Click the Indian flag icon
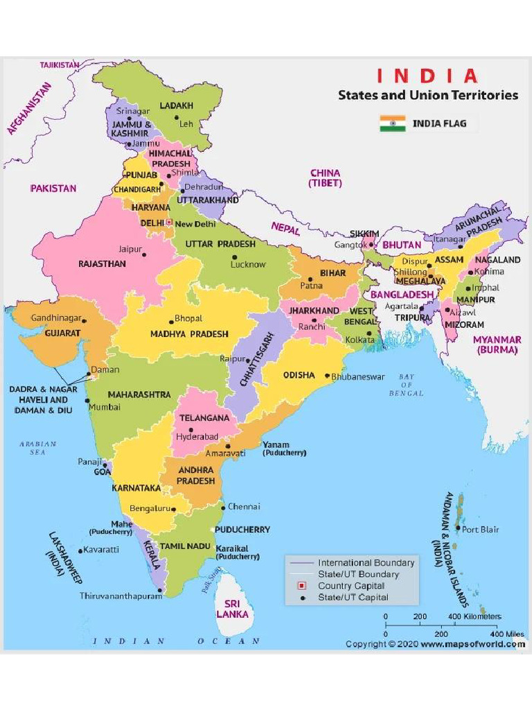392,124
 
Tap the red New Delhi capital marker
168,223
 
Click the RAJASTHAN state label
102,264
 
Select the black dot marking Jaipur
145,254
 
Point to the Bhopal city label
188,318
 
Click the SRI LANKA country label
232,609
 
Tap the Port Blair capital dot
457,528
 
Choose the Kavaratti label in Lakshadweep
103,550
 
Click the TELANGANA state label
204,419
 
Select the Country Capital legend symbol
302,586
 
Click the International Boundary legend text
366,563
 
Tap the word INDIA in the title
427,76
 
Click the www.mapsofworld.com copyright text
472,644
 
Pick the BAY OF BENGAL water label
406,385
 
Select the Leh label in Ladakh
186,124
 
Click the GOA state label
103,471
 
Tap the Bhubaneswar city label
358,376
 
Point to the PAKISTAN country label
53,188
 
